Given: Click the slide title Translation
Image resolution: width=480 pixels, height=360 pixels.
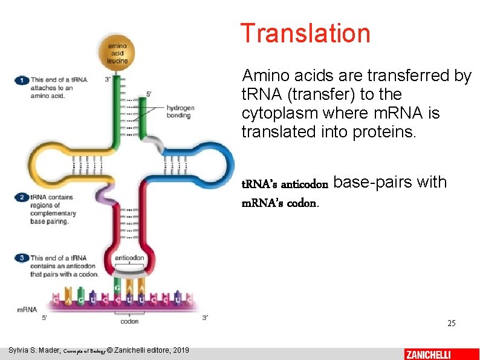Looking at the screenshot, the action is coord(305,33).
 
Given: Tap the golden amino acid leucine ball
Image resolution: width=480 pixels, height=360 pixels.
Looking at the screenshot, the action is coord(118,53).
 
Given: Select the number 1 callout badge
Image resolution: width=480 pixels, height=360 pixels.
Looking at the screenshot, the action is coord(22,80).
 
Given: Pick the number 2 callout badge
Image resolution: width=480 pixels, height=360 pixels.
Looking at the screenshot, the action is coord(22,197).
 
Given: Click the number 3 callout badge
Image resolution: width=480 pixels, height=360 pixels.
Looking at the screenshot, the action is coord(22,258).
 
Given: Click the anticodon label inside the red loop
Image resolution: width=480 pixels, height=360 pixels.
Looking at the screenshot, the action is coord(129,258).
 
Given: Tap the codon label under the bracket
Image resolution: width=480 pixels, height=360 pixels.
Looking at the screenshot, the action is coord(129,322).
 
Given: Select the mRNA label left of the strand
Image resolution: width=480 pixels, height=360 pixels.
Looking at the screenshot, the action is coord(27,309).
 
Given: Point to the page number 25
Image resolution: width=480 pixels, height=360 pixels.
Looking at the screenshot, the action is coord(451,324).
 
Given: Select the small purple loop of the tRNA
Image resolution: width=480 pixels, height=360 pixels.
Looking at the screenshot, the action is coord(106,195).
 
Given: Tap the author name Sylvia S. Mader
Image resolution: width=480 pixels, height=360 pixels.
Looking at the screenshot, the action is coord(35,350).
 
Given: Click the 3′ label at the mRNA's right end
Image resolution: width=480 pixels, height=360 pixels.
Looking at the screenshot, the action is coord(206,317).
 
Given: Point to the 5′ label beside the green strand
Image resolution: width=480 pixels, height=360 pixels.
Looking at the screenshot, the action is coord(149,94).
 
